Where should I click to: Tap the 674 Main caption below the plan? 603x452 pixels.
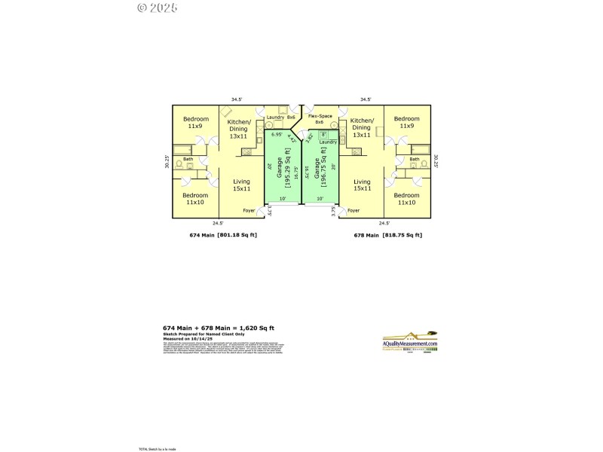(201, 236)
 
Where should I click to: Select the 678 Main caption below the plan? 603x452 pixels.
(366, 236)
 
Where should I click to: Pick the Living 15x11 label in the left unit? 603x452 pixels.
(241, 185)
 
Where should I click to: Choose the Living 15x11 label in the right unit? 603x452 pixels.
(362, 185)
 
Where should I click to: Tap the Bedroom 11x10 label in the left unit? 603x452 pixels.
(195, 198)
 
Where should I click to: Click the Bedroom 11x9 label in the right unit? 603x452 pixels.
(407, 122)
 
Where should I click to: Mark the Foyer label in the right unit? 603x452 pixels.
(354, 211)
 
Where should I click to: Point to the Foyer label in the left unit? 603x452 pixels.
(249, 211)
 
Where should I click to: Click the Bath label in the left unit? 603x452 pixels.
(188, 159)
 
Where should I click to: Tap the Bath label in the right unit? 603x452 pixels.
(415, 159)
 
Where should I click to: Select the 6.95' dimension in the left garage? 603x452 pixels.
(276, 135)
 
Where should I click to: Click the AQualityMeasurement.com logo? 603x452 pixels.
(410, 343)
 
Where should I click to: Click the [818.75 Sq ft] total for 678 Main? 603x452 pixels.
(404, 236)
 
